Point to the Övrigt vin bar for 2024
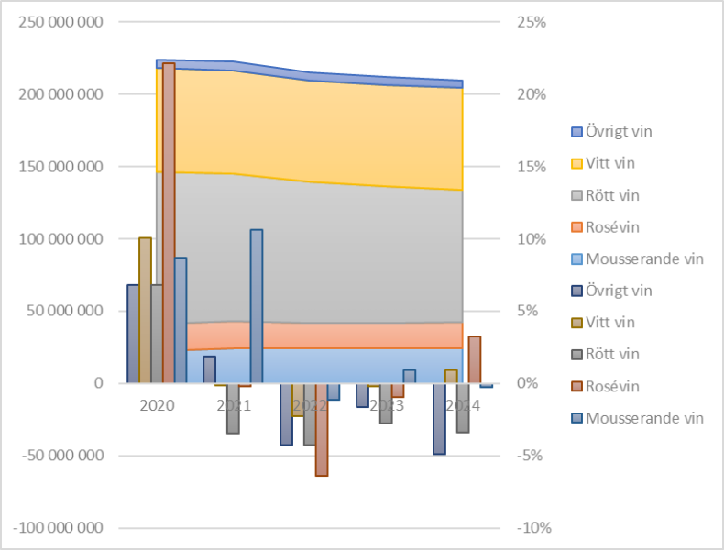pos(439,418)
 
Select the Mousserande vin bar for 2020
pos(181,320)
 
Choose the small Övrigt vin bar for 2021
pos(209,369)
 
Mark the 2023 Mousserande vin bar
pos(410,376)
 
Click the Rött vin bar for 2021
pos(233,408)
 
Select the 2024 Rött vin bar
pos(463,407)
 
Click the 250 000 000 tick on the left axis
pos(60,22)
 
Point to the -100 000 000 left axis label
pos(58,528)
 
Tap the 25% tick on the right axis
pos(531,22)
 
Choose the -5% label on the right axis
pos(531,456)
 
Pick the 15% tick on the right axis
pos(531,167)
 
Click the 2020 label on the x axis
pos(157,405)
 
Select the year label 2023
pos(387,405)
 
